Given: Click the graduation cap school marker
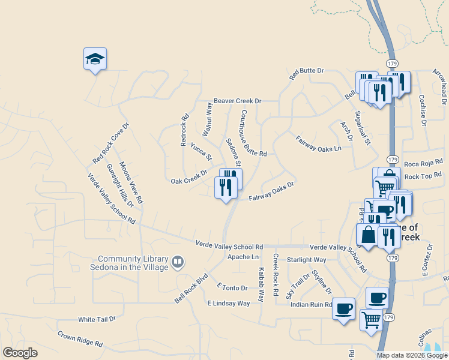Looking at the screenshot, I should (x=95, y=59).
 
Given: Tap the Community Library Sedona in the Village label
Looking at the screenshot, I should (x=129, y=262).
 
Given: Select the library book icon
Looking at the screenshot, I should (x=178, y=262).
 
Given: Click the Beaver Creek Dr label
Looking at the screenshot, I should (x=238, y=101).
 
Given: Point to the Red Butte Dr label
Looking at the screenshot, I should (x=306, y=74).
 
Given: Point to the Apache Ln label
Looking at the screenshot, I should (x=243, y=257).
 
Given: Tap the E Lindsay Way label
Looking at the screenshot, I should (x=228, y=304).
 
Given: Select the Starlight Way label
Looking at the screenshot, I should (x=306, y=260).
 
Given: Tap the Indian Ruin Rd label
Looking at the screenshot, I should (x=312, y=304).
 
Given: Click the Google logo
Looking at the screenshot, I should (x=20, y=353).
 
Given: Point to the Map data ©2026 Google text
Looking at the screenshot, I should (x=412, y=355).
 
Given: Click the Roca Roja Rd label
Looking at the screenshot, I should (x=423, y=163).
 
